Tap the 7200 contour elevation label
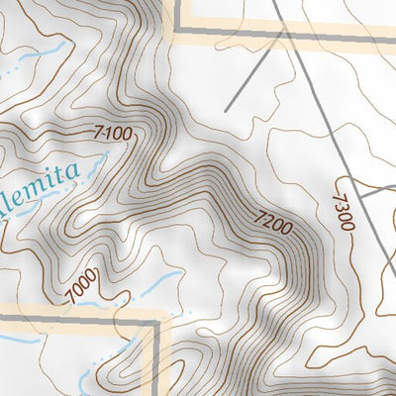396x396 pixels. coord(272,224)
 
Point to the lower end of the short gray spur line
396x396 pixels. coord(227,109)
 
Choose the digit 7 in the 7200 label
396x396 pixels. coord(258,215)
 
